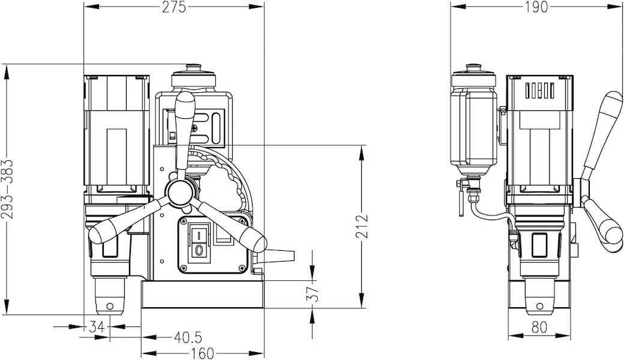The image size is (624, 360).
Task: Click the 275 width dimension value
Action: pyautogui.click(x=174, y=7)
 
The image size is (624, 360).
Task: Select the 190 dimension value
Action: pyautogui.click(x=536, y=7)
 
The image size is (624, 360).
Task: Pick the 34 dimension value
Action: pyautogui.click(x=97, y=327)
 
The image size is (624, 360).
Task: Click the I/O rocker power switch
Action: pyautogui.click(x=199, y=241)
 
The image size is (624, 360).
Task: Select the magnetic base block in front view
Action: pyautogui.click(x=203, y=296)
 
